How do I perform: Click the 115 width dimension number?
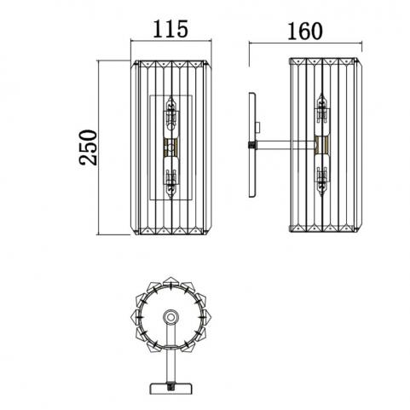tap(170, 29)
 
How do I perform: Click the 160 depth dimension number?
tap(305, 31)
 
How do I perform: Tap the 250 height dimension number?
tap(88, 147)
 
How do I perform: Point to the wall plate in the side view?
tap(252, 145)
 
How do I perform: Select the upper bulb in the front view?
tap(170, 113)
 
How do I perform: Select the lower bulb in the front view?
tap(170, 178)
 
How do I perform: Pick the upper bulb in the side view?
tap(322, 113)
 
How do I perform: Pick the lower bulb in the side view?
tap(322, 176)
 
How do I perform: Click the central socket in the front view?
tap(170, 147)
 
